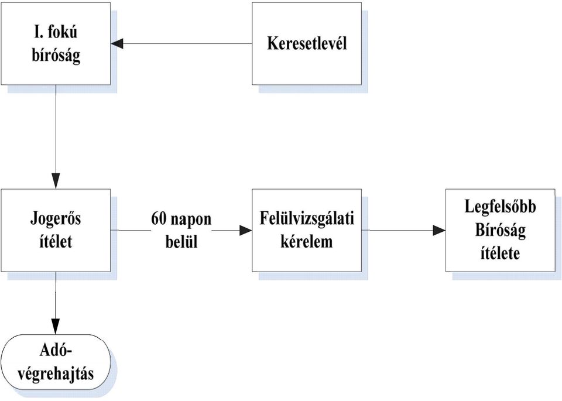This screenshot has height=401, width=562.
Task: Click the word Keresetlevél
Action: (307, 43)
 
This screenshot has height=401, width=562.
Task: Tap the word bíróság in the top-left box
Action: (56, 56)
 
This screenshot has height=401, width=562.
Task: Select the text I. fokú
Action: (56, 33)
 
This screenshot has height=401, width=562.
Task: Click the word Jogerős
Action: (56, 219)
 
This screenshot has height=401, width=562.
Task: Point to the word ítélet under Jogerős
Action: (56, 241)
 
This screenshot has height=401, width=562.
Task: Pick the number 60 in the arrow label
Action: (159, 218)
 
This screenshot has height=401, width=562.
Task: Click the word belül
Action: (181, 242)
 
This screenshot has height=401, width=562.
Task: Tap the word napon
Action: (191, 220)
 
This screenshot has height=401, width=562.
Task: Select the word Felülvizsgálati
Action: (307, 219)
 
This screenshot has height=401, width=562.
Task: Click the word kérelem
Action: (307, 242)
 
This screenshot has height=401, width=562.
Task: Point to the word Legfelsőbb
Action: (501, 207)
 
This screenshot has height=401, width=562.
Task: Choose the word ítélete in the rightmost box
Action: (501, 253)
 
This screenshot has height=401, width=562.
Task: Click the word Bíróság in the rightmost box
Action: (501, 230)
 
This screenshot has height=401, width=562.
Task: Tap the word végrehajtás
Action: (56, 374)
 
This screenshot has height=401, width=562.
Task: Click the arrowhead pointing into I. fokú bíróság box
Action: (117, 44)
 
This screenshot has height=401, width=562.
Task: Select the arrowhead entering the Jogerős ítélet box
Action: (56, 181)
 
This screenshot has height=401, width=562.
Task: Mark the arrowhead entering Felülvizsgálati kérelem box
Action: (246, 231)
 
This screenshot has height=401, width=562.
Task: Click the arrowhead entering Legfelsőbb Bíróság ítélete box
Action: (440, 231)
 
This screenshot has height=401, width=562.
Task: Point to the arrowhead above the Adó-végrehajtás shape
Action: (56, 327)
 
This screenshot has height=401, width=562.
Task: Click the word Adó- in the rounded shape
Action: (56, 351)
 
